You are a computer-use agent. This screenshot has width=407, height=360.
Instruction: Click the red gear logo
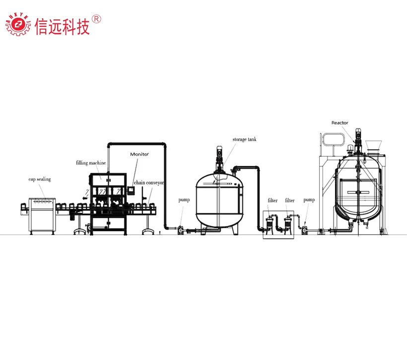(18, 24)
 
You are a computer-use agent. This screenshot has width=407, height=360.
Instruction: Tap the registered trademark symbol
(97, 19)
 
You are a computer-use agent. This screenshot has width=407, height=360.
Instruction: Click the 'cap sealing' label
(40, 179)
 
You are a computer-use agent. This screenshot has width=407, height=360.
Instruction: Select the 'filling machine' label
(91, 163)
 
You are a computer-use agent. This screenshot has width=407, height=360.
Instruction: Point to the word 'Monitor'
(139, 154)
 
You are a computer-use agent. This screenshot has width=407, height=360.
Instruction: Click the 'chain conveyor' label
(149, 182)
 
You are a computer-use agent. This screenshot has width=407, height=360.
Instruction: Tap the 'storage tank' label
(244, 139)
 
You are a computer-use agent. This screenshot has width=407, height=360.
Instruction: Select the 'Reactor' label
(340, 122)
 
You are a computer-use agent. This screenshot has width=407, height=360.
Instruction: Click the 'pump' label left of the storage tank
(184, 200)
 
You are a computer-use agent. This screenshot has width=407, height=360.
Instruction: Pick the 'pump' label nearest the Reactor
(309, 200)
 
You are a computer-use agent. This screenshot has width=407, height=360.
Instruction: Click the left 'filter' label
(272, 200)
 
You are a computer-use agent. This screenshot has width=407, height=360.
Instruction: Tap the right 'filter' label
(290, 200)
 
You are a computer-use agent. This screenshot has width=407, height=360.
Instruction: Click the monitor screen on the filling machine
(131, 190)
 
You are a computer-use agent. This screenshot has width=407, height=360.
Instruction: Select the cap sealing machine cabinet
(42, 215)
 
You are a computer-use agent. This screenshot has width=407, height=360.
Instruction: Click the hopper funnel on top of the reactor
(373, 145)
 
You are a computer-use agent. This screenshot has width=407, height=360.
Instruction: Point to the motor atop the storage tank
(219, 152)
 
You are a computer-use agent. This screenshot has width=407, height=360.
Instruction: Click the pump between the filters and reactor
(304, 230)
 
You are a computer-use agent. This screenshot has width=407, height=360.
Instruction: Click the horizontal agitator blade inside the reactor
(358, 192)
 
